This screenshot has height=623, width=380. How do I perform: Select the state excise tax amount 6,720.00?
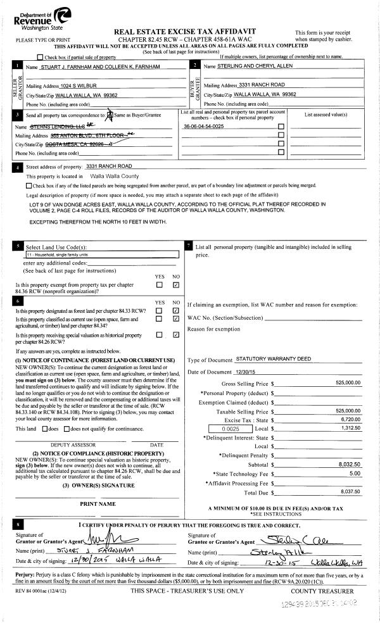[x=349, y=419]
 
